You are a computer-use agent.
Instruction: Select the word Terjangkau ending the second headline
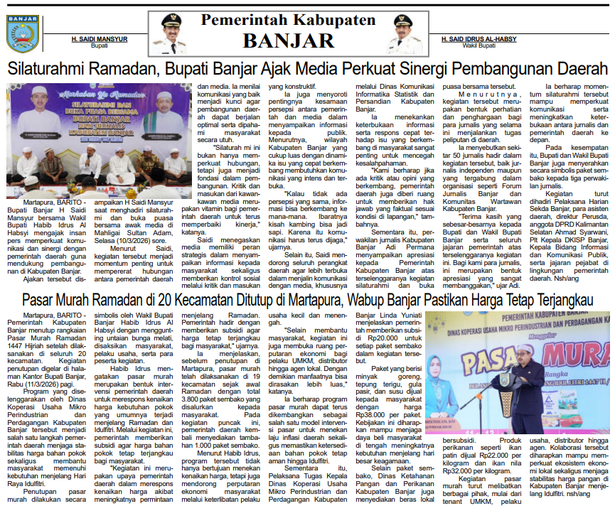562,301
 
